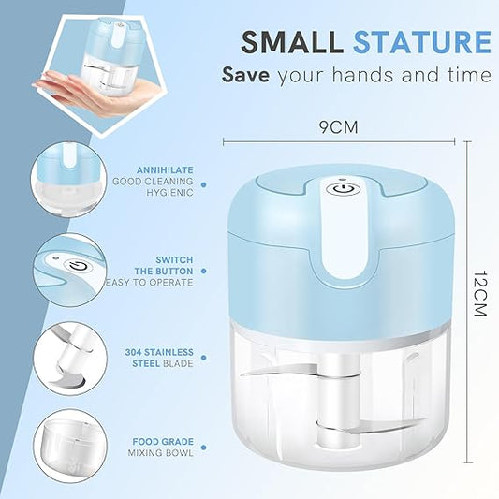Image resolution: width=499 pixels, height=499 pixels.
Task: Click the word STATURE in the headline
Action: tap(421, 42)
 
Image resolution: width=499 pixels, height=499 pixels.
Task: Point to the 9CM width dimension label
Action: tap(341, 123)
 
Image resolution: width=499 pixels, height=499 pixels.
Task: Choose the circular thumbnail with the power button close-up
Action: tap(67, 266)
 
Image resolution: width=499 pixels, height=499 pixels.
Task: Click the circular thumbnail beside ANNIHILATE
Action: tap(67, 178)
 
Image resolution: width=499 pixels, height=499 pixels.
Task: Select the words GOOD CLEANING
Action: tap(153, 181)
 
